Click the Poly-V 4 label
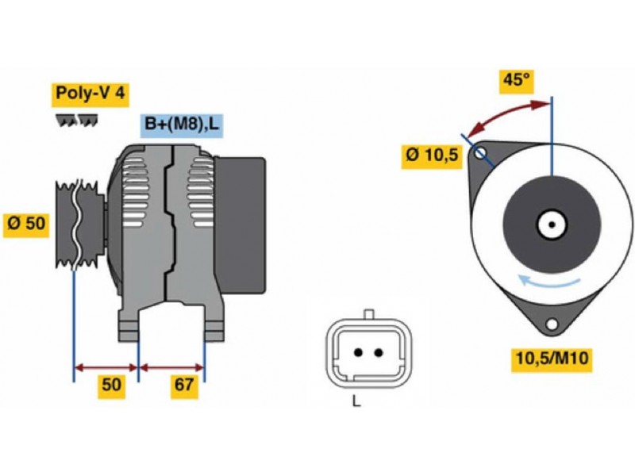tap(89, 94)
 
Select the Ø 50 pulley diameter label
tap(25, 224)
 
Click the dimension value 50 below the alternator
tap(110, 386)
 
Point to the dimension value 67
tap(184, 386)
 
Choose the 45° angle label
tap(514, 80)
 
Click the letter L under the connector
tap(356, 401)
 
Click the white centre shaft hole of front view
tap(550, 225)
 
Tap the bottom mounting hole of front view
tap(551, 324)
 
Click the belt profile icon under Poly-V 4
tap(77, 120)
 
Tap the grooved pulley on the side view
tap(76, 225)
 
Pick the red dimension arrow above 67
tap(171, 367)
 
